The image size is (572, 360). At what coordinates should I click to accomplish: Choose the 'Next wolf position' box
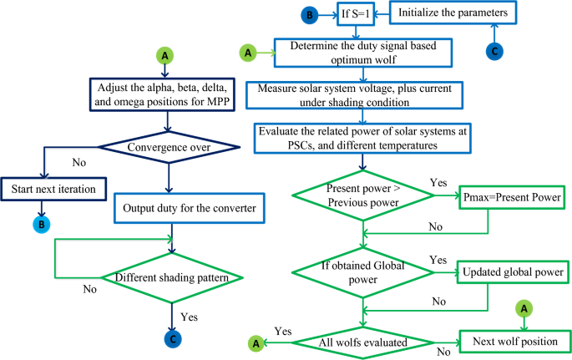click(514, 342)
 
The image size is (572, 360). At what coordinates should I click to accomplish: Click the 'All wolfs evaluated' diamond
click(361, 342)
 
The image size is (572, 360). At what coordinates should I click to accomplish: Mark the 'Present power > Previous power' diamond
click(361, 199)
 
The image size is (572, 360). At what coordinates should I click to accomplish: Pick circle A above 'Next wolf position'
click(525, 308)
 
